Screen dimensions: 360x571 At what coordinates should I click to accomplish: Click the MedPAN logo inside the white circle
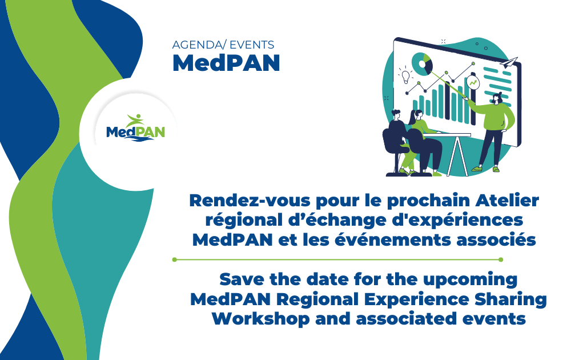(x=135, y=128)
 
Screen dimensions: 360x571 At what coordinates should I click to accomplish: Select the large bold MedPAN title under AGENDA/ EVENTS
(x=226, y=63)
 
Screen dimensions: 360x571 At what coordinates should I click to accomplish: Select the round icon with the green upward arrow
(x=473, y=83)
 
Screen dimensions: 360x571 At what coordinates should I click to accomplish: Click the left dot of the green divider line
(x=175, y=259)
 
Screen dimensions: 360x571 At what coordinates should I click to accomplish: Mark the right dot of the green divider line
(x=501, y=259)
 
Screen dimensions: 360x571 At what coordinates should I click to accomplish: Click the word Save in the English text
(x=241, y=280)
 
